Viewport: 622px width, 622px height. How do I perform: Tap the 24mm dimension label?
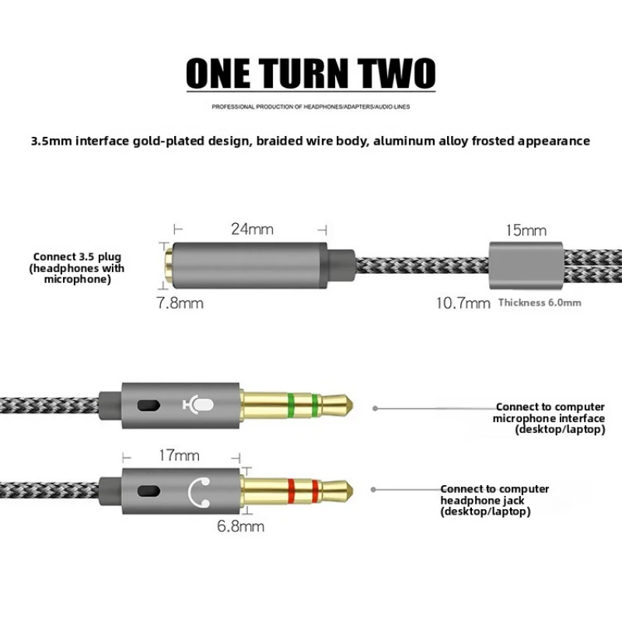pyautogui.click(x=252, y=229)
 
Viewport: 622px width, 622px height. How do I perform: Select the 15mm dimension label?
pyautogui.click(x=526, y=230)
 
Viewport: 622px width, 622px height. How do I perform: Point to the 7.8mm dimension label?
pyautogui.click(x=180, y=303)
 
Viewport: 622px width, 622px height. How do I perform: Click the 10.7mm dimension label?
pyautogui.click(x=463, y=303)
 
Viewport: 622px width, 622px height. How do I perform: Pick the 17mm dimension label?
pyautogui.click(x=180, y=456)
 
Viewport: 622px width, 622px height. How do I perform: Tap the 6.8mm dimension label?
pyautogui.click(x=240, y=526)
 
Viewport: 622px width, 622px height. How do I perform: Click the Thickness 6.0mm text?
pyautogui.click(x=540, y=302)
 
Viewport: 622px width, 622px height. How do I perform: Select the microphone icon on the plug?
pyautogui.click(x=198, y=405)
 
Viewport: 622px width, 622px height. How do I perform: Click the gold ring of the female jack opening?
pyautogui.click(x=169, y=265)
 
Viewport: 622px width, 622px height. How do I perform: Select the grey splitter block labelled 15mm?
pyautogui.click(x=526, y=265)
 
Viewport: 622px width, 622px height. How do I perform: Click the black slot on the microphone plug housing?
pyautogui.click(x=149, y=405)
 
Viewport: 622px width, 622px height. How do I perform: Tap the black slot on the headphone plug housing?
pyautogui.click(x=149, y=491)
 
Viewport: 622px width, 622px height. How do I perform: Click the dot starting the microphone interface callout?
pyautogui.click(x=375, y=407)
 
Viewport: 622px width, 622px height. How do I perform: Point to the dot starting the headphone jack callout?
pyautogui.click(x=373, y=490)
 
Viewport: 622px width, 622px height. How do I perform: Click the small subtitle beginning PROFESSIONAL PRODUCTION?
pyautogui.click(x=310, y=107)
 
